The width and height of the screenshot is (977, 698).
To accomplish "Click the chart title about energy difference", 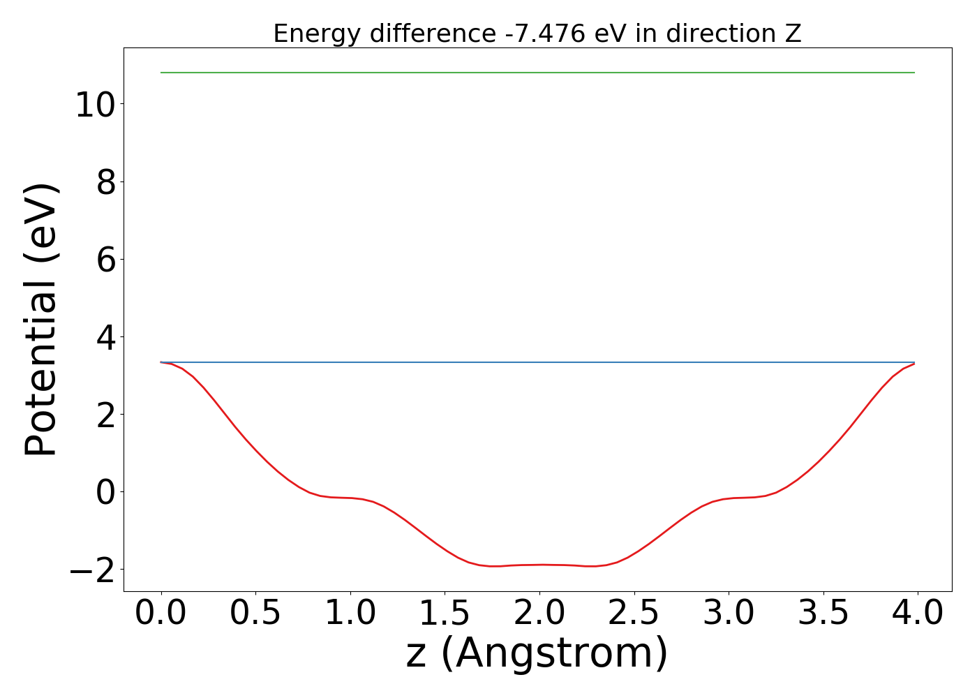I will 537,34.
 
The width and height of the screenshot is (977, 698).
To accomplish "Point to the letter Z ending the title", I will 793,34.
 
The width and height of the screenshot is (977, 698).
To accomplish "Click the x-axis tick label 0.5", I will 255,614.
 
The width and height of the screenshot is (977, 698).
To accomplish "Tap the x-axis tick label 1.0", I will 350,614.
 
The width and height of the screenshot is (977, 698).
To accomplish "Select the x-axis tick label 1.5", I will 445,614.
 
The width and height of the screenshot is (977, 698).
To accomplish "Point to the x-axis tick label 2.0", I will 539,614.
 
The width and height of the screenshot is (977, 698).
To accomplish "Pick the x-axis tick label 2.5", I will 634,614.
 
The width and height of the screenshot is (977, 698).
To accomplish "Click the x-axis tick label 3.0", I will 729,614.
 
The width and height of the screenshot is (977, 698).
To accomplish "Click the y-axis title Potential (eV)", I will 42,320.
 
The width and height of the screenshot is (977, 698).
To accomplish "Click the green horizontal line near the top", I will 537,73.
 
